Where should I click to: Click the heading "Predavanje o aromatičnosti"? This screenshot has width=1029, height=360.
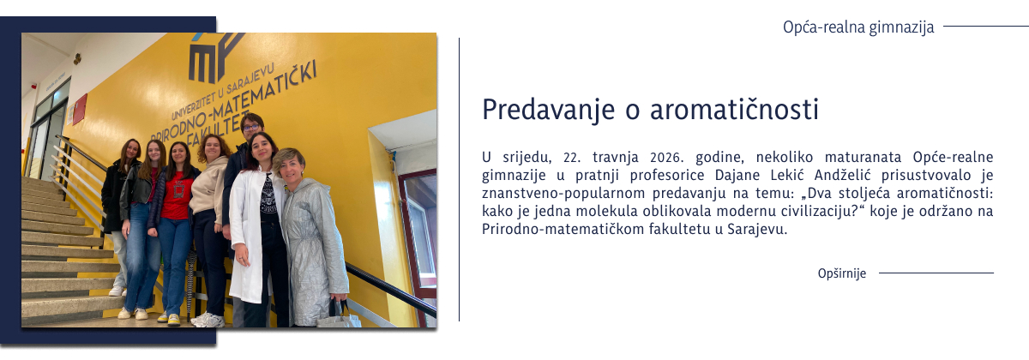coord(651,110)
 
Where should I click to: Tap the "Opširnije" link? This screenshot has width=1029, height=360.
coord(841,273)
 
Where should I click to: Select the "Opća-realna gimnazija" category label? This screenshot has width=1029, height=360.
coord(857,27)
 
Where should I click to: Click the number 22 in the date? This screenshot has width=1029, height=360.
coord(570,159)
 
